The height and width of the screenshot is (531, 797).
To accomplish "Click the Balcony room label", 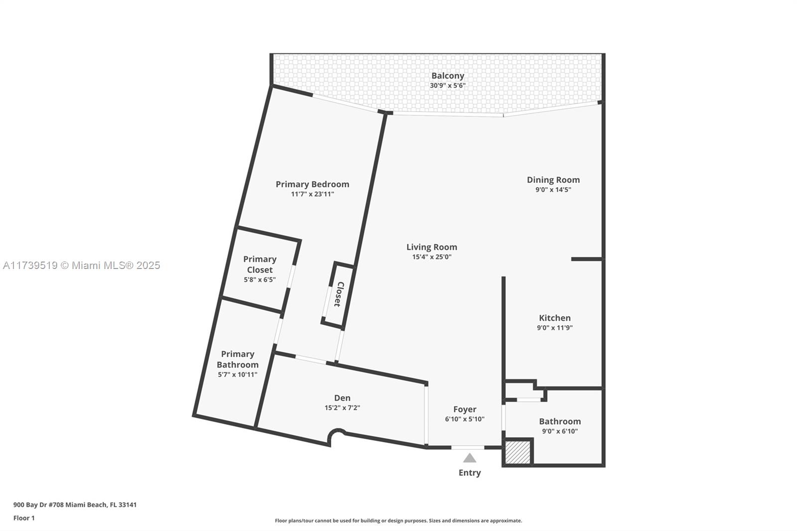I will click(447, 76).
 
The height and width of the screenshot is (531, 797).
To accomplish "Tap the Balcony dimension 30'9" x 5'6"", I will click(447, 86).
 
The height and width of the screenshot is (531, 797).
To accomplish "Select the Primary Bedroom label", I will click(312, 184).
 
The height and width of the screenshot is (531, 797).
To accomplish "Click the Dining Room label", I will click(553, 180).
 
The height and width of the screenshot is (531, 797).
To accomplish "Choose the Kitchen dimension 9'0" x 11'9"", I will click(554, 328).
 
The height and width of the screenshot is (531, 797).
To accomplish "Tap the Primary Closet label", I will click(260, 265).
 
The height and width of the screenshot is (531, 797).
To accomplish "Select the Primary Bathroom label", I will click(238, 359).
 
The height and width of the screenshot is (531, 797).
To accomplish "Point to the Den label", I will click(342, 398).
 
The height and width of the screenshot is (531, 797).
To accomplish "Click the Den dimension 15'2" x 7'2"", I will click(342, 408).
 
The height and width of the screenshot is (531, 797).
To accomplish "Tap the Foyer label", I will click(464, 409).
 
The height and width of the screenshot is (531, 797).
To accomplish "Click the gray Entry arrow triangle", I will click(469, 458).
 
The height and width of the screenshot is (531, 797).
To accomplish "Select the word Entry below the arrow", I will click(469, 473).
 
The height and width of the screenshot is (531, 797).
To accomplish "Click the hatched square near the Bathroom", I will click(518, 452).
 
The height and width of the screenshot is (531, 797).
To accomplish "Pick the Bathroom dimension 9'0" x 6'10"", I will click(559, 431).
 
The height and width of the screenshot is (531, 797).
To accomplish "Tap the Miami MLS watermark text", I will click(82, 265).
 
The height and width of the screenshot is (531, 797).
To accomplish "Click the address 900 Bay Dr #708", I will click(75, 505).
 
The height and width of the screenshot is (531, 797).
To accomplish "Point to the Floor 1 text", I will click(24, 518).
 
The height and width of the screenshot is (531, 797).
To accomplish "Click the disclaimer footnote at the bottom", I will click(398, 521).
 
